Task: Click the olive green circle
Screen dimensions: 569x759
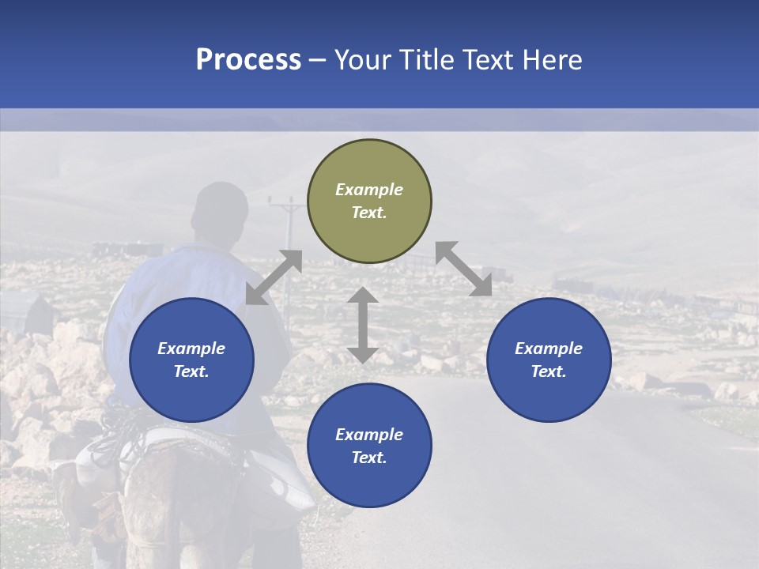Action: click(x=369, y=202)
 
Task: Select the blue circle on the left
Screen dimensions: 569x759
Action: click(x=191, y=360)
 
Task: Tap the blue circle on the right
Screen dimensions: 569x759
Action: click(x=549, y=360)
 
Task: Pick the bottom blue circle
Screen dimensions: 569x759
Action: click(x=369, y=446)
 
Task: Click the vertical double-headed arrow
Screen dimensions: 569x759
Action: click(x=363, y=325)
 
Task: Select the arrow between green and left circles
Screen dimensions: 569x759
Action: click(x=274, y=277)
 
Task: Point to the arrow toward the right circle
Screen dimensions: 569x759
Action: click(x=463, y=269)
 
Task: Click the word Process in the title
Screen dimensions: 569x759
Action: click(x=248, y=59)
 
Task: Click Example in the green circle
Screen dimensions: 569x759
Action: click(x=369, y=190)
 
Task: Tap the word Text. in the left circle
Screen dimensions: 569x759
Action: click(x=191, y=371)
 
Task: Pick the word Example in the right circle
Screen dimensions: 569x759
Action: click(x=549, y=349)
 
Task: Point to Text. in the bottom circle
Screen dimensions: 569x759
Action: click(x=369, y=458)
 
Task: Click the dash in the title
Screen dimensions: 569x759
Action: click(x=317, y=60)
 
